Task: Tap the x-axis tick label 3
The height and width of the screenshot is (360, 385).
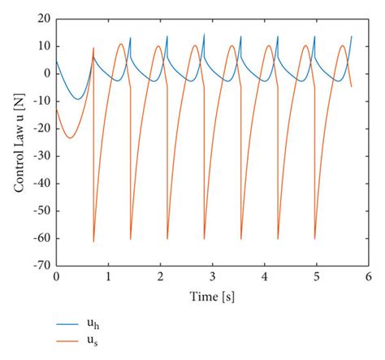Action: pos(212,277)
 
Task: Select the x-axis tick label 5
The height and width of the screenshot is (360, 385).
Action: pos(316,277)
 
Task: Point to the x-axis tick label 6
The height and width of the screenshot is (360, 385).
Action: pos(368,277)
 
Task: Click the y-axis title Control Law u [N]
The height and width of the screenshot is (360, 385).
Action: pos(18,142)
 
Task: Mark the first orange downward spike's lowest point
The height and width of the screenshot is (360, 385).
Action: pos(93,241)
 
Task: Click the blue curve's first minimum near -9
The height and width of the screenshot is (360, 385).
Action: pos(77,99)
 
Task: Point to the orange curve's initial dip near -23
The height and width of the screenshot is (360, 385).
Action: pos(69,137)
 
